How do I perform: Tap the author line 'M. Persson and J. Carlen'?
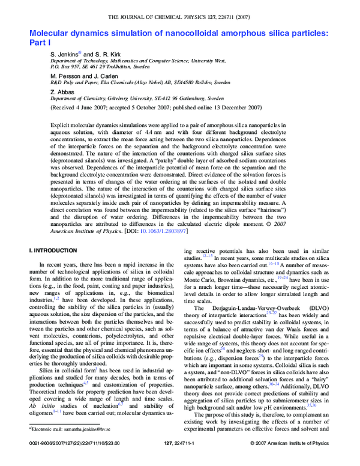pos(85,76)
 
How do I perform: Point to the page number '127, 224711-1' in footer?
pos(180,460)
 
